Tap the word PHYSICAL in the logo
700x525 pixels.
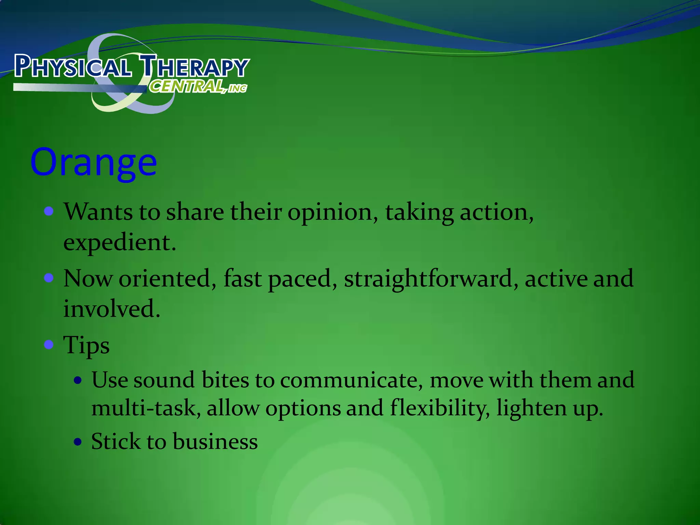(x=72, y=66)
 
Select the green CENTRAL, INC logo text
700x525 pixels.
(x=198, y=86)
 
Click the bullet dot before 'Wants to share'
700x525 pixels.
(x=49, y=211)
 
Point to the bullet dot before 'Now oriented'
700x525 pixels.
(x=49, y=278)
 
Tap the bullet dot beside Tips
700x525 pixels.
(x=49, y=344)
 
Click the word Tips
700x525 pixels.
(x=86, y=345)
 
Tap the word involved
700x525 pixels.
(x=111, y=309)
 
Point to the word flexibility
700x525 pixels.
(x=440, y=408)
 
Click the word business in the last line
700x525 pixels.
(x=215, y=441)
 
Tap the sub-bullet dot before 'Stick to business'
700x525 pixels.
(x=78, y=442)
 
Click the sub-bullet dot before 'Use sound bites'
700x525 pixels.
(x=78, y=380)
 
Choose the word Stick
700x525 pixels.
(x=116, y=441)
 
